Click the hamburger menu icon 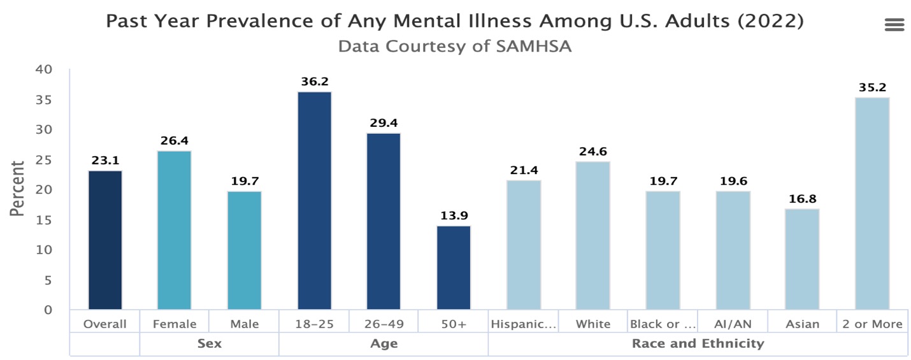894,25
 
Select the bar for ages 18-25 314,201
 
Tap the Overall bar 105,240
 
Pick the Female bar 175,230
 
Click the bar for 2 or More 872,204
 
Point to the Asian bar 801,259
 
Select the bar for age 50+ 454,268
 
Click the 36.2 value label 314,82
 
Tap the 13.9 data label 454,215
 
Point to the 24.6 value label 593,152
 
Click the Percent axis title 18,189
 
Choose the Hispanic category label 523,324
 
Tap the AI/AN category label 733,324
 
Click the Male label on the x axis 245,324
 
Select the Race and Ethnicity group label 698,343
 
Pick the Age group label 384,343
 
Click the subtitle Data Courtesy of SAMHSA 454,47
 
